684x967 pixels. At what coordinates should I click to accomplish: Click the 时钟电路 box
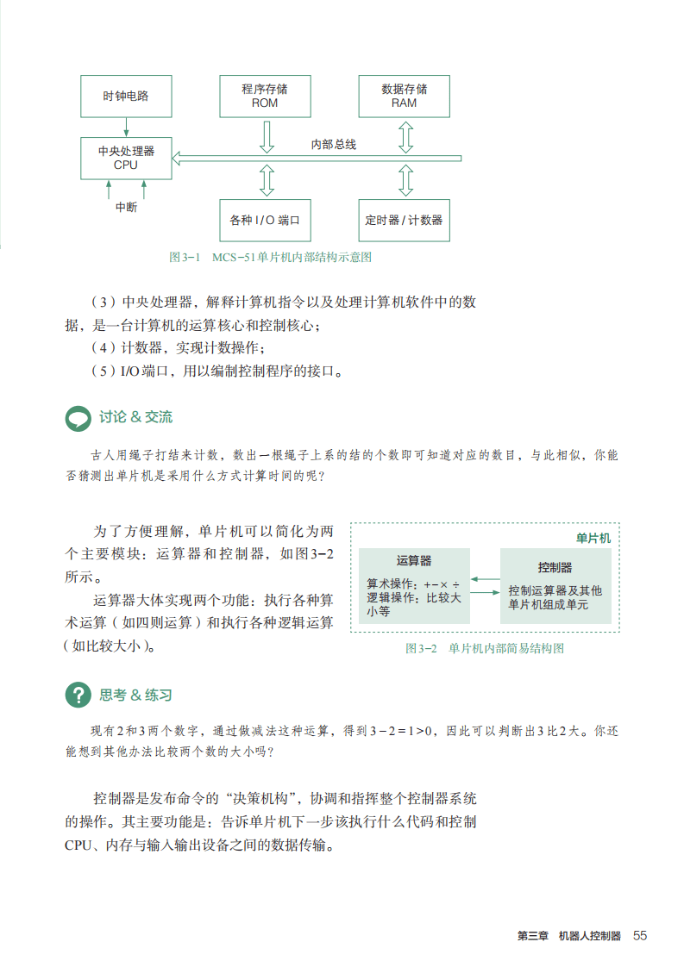pos(126,97)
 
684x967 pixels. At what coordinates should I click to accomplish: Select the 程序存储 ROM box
pos(265,97)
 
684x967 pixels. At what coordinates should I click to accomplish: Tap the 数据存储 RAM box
pos(404,97)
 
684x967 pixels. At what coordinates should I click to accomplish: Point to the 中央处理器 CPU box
pos(126,158)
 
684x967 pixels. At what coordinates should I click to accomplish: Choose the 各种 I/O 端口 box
pos(265,220)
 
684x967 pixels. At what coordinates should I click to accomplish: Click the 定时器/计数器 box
pos(404,220)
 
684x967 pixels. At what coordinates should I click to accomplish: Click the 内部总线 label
pos(333,145)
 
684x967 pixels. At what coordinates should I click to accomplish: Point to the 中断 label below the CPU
pos(126,208)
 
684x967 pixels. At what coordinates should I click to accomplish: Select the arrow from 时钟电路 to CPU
pos(126,128)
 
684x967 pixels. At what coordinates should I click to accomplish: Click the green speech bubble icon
pos(78,418)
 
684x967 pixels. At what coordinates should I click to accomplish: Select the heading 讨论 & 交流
pos(135,417)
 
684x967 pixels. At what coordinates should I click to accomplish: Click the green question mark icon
pos(78,695)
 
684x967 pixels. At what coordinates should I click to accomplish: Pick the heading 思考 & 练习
pos(135,695)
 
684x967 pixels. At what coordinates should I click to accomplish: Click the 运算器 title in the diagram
pos(414,561)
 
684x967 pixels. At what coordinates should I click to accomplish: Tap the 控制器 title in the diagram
pos(555,567)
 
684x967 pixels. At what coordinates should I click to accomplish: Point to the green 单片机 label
pos(593,538)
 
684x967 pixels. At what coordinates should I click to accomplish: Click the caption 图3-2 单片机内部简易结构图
pos(484,649)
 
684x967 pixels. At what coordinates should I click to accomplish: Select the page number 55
pos(640,936)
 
